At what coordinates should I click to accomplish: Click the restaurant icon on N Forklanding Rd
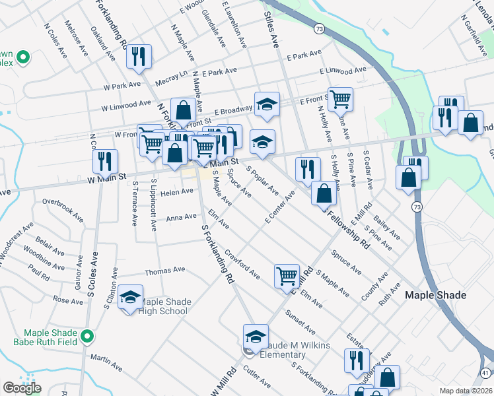point(139,56)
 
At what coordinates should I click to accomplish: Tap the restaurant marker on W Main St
point(105,161)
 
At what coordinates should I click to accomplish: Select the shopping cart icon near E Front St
point(340,99)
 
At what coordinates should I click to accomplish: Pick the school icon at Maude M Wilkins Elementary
point(256,336)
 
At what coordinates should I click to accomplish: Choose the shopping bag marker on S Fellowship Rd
point(324,193)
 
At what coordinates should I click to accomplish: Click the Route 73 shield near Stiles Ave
point(320,29)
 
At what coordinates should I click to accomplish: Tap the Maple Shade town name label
point(435,295)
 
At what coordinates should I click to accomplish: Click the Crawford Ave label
point(242,261)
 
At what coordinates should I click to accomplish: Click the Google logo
point(22,388)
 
